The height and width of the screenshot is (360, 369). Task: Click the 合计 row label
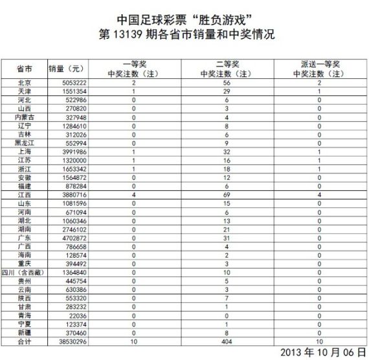point(25,341)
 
